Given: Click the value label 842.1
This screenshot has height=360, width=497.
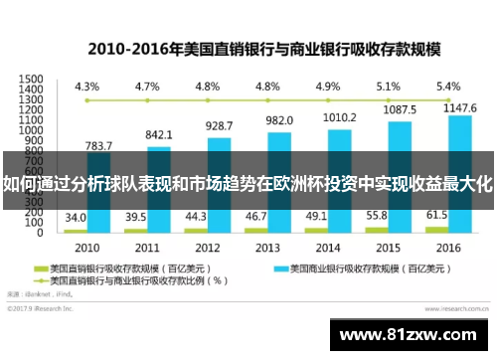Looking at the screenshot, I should click(x=159, y=134).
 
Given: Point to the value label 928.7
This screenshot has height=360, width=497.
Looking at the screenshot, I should click(x=219, y=126).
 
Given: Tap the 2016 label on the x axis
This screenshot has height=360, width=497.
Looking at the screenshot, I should click(x=448, y=247).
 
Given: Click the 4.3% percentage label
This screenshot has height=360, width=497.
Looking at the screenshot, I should click(x=86, y=87).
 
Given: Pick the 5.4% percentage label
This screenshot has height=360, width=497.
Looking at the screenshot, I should click(x=448, y=87).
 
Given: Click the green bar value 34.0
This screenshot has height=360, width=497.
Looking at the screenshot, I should click(x=76, y=218).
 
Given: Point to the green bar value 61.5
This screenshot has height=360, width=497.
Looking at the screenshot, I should click(x=437, y=214).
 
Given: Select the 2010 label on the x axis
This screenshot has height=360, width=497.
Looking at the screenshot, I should click(x=87, y=247).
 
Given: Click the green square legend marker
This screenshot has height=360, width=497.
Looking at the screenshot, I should click(x=43, y=269).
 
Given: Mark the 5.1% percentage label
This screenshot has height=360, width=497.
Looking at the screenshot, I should click(x=389, y=87).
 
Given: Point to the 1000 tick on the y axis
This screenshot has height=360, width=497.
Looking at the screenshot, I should click(x=31, y=130).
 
